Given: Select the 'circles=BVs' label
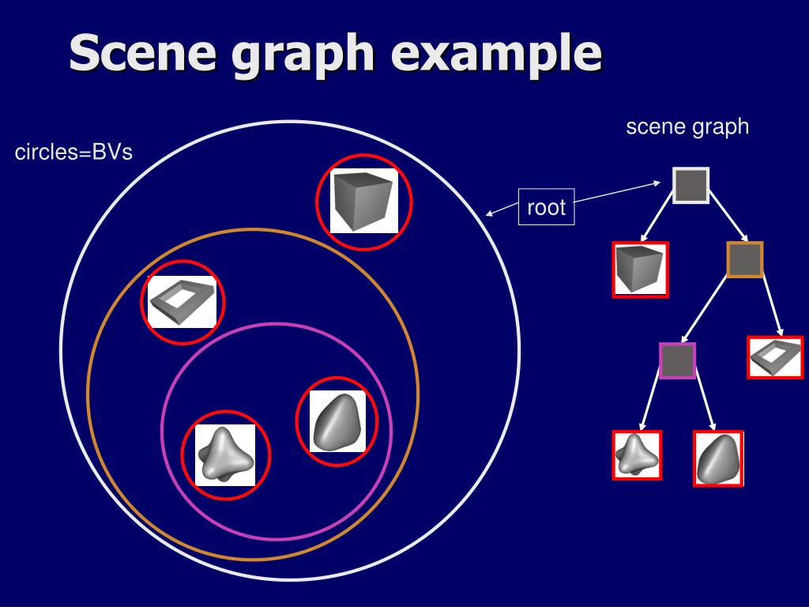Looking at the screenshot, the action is (x=73, y=153).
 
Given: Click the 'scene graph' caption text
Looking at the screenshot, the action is (x=687, y=126).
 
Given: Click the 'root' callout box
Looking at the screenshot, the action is (x=547, y=208).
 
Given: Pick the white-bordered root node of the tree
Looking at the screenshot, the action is (x=690, y=185).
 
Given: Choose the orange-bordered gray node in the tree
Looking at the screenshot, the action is (x=744, y=260).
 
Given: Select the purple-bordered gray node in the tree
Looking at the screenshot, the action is (x=677, y=361).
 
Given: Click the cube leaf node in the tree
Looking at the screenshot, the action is (x=640, y=270).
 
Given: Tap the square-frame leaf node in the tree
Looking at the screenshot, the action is (x=775, y=356).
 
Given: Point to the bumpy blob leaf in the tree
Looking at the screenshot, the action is (x=637, y=454).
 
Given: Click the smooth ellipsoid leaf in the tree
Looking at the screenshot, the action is (x=718, y=458).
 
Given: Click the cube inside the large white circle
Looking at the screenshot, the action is (x=363, y=201).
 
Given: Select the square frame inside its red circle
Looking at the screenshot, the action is (x=182, y=302).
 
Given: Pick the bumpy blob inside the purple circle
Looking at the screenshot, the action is (x=225, y=454).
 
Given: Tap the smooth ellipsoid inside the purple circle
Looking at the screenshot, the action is (x=337, y=421).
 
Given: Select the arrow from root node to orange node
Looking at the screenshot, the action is (x=727, y=221).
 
